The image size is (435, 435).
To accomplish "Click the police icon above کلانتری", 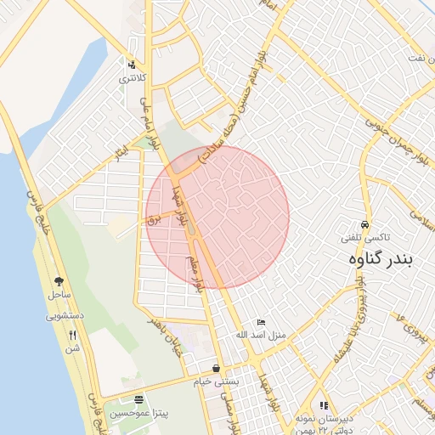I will point(131,65).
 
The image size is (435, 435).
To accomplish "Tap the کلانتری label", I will point(131,78).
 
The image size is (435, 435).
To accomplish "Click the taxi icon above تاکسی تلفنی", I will point(364,224).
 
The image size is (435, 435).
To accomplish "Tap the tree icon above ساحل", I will point(59,281).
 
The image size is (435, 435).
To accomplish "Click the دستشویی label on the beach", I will point(63,315).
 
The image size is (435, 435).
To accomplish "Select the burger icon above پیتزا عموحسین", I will point(138,399).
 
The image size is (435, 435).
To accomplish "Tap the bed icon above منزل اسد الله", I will point(261,322).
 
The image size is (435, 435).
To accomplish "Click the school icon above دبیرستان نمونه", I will point(324,405).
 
